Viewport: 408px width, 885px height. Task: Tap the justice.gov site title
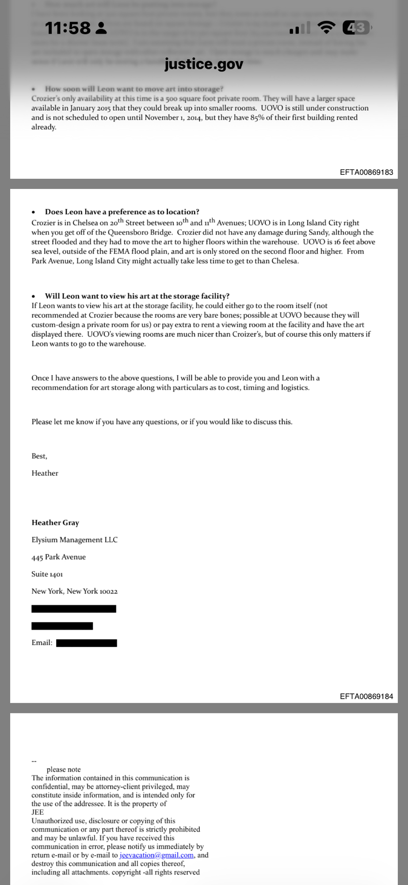tap(204, 64)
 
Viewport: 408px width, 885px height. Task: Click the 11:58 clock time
tap(68, 28)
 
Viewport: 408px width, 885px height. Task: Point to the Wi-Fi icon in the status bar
tap(326, 28)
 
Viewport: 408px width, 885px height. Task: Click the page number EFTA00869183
tap(366, 172)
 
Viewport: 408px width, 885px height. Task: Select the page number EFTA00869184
tap(366, 696)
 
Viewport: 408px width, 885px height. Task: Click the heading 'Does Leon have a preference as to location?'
tap(122, 212)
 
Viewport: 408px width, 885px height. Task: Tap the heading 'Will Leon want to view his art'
tap(137, 296)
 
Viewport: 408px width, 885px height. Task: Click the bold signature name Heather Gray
tap(55, 523)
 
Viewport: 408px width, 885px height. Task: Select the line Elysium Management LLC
tap(74, 540)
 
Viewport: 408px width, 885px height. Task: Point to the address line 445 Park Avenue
tap(58, 557)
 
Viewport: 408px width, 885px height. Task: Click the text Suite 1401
tap(47, 574)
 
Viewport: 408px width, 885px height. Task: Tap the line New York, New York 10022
tap(74, 591)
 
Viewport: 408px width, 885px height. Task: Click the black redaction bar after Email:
tap(87, 643)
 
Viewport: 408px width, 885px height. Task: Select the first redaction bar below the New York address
tap(74, 609)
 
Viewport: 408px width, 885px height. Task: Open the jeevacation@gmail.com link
tap(156, 855)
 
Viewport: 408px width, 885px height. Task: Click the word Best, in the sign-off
tap(39, 456)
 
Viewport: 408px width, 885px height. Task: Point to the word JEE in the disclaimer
tap(38, 812)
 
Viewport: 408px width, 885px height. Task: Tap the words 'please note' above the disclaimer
tap(64, 770)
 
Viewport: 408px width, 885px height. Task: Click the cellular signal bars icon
tap(300, 28)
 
